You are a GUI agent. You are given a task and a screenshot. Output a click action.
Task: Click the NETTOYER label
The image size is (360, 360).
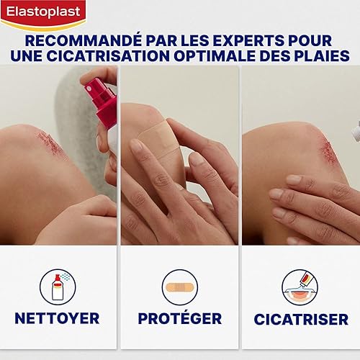tap(58, 318)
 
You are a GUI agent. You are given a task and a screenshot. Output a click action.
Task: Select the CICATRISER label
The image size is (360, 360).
tap(301, 318)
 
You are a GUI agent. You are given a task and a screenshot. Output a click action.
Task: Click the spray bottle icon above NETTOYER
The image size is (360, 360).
tap(59, 286)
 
